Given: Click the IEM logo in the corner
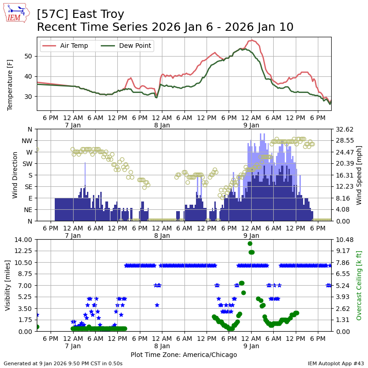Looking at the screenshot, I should click(x=17, y=13).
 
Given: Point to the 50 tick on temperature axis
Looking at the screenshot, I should click(x=28, y=56).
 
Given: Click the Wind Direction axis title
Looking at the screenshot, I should click(x=15, y=175).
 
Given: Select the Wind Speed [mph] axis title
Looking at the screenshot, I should click(x=360, y=175).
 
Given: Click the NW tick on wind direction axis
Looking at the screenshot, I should click(x=29, y=141).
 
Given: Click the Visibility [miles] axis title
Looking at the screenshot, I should click(x=8, y=285).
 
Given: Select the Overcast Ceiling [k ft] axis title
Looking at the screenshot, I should click(x=360, y=285).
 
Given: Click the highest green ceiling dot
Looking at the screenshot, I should click(x=250, y=244).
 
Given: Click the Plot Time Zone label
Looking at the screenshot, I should click(x=184, y=355).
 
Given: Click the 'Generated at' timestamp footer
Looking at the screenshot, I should click(x=63, y=363).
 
